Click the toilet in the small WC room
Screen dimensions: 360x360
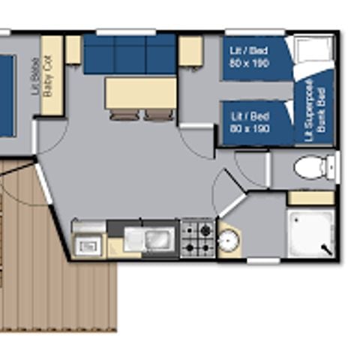[313, 166]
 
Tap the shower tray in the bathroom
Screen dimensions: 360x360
[310, 232]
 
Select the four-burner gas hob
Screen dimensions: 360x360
[198, 238]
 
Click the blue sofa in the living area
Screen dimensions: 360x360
[129, 54]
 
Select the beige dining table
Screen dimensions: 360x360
[141, 93]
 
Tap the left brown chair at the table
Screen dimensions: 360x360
[122, 115]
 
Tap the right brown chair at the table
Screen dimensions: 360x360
[159, 115]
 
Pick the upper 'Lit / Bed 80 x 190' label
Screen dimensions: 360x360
[249, 56]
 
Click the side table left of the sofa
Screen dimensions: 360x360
[73, 49]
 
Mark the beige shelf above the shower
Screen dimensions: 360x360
[310, 198]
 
